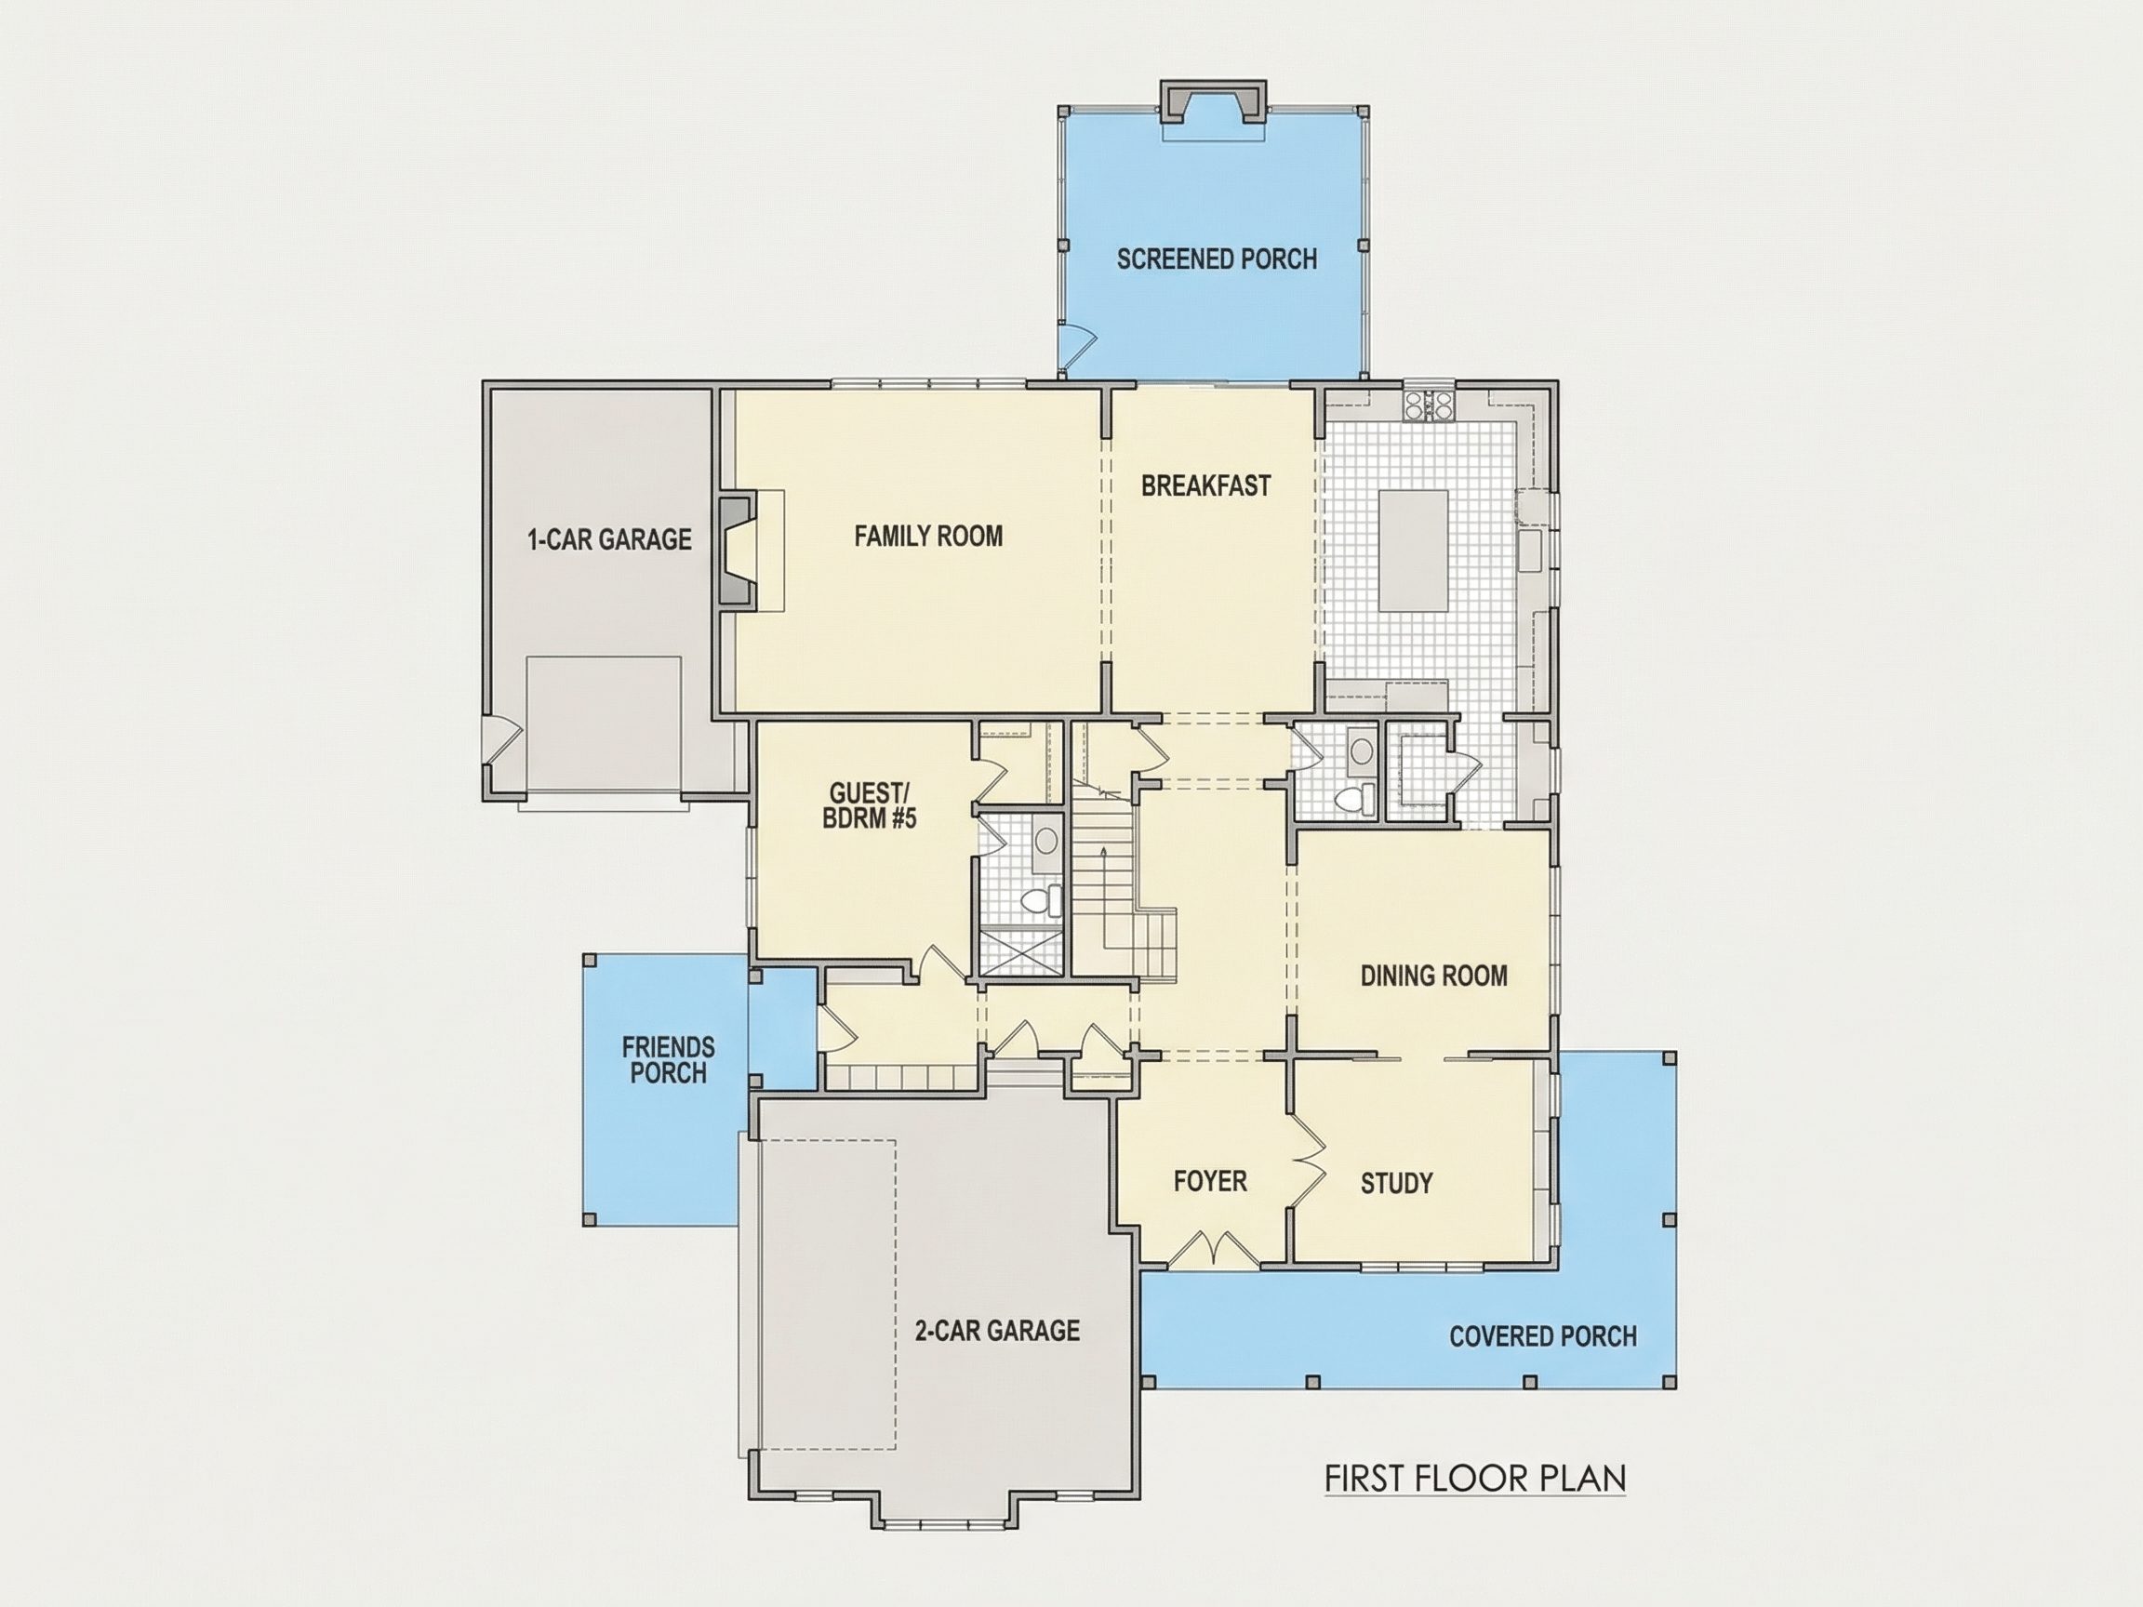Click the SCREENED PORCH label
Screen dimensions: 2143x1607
point(1217,259)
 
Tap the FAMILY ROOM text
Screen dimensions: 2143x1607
point(928,536)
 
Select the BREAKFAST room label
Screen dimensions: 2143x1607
point(1205,485)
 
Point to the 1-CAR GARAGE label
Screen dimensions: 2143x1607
point(609,539)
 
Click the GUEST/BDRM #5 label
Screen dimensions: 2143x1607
point(869,806)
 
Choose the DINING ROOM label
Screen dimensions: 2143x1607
point(1434,976)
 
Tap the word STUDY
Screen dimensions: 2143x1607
point(1396,1183)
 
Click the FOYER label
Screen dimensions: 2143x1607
point(1210,1181)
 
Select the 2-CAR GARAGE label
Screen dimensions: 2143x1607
point(997,1331)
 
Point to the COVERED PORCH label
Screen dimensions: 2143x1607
point(1542,1336)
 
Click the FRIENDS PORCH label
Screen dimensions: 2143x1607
point(669,1060)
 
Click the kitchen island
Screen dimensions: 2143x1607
point(1414,551)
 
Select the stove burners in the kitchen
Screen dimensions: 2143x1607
point(1429,404)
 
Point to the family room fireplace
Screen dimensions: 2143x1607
point(738,551)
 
